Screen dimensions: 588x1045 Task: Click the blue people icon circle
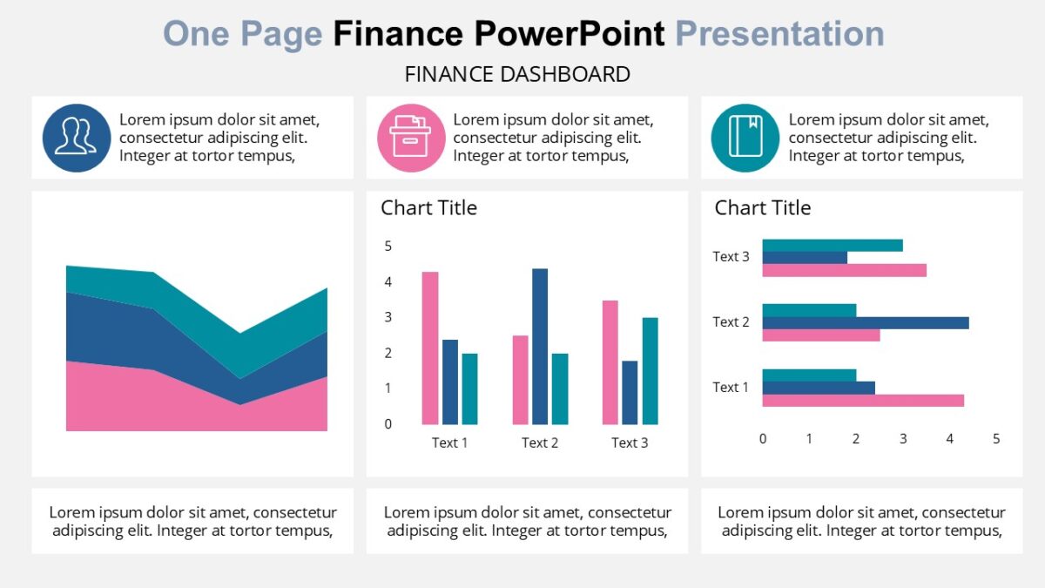[x=77, y=138]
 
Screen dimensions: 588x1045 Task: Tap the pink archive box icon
[x=411, y=138]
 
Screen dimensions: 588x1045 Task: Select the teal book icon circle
[x=745, y=138]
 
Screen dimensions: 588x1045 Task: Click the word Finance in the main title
[x=398, y=34]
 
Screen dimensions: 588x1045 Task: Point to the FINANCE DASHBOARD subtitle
[x=517, y=75]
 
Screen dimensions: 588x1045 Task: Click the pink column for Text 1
[x=430, y=348]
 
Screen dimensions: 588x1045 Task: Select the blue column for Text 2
[x=540, y=346]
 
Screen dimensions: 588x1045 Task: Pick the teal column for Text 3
[x=650, y=370]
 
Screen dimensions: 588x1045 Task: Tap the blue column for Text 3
[x=630, y=392]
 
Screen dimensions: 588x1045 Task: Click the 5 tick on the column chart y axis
[x=388, y=247]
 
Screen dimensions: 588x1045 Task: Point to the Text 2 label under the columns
[x=540, y=443]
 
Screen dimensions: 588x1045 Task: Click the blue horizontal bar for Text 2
[x=865, y=323]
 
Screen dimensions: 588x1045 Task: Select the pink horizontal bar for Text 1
[x=862, y=401]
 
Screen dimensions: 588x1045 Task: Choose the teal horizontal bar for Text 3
[x=832, y=246]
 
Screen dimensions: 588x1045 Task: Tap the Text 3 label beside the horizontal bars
[x=731, y=257]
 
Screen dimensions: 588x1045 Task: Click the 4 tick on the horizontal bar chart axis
[x=950, y=439]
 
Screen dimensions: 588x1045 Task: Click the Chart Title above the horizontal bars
[x=763, y=208]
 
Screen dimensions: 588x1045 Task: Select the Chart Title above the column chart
[x=428, y=208]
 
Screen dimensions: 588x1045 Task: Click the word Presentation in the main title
[x=779, y=34]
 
